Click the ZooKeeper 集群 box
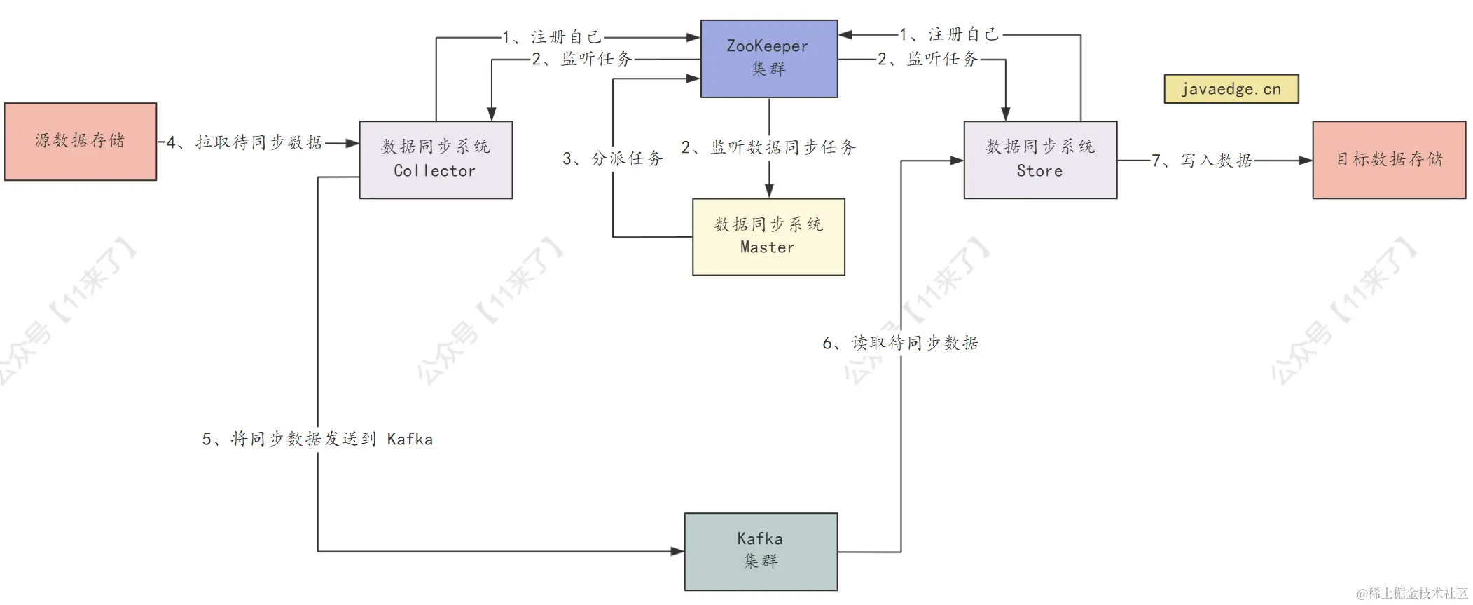point(768,58)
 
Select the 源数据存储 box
point(80,141)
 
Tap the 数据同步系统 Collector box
point(435,159)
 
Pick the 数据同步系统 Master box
point(768,236)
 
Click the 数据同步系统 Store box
point(1039,159)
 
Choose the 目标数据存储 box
point(1388,159)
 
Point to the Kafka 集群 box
point(760,551)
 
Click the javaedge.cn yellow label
point(1231,89)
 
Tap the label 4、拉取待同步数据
point(244,142)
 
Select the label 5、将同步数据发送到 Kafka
point(317,439)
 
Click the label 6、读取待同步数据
point(901,343)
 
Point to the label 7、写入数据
point(1202,161)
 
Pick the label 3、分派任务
point(613,158)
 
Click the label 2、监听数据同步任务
point(768,147)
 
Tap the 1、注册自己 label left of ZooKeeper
point(553,36)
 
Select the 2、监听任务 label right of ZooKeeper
point(927,59)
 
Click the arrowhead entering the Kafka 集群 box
point(677,551)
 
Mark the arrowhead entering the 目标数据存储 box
point(1306,161)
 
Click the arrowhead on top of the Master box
point(769,191)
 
